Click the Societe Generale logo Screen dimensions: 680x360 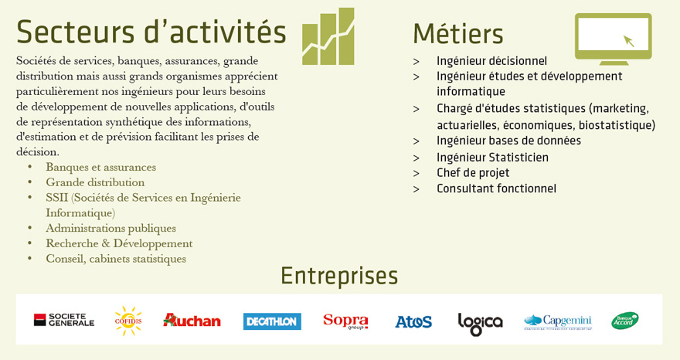(64, 320)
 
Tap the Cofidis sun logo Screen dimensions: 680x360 (128, 321)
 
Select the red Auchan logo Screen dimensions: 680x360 (192, 320)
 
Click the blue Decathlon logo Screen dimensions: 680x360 (272, 321)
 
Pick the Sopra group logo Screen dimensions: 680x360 (345, 321)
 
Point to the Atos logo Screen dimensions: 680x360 (413, 321)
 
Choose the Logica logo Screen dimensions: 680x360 (480, 324)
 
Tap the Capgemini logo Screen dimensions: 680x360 (558, 322)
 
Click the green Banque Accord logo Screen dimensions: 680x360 (625, 321)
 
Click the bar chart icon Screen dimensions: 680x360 (328, 36)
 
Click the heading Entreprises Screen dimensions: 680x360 (339, 276)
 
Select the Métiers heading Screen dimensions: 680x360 (458, 34)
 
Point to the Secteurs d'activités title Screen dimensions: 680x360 (151, 31)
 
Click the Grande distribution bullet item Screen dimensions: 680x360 (95, 182)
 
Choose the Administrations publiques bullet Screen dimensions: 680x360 (111, 228)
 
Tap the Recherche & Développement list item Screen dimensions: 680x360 (119, 243)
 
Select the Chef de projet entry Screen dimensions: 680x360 (473, 172)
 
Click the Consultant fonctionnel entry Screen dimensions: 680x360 (496, 188)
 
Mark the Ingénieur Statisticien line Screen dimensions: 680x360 (492, 157)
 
